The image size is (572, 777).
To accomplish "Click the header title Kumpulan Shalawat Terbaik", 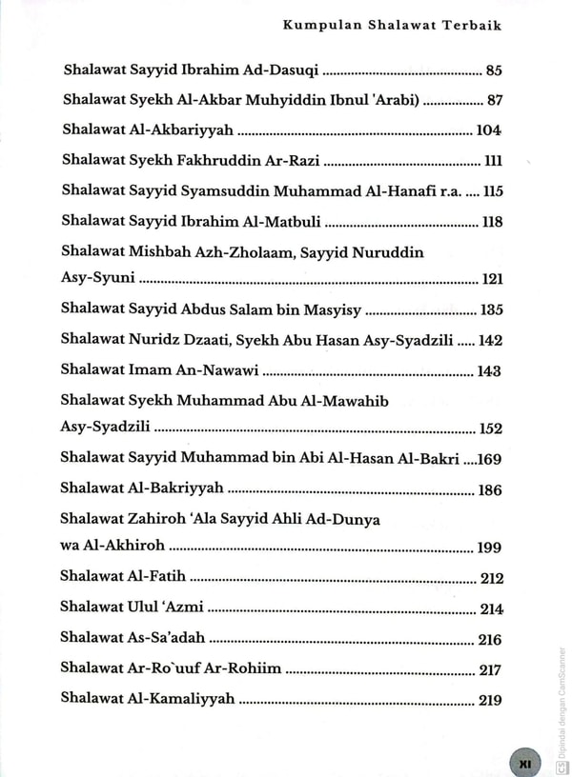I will pos(392,27).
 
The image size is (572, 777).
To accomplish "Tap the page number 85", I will pos(493,70).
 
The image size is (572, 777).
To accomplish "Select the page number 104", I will pos(490,131).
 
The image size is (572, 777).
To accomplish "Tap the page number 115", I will pos(492,191).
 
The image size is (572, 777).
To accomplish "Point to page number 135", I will pos(492,310).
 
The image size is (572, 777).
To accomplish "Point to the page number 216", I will pos(490,640).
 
